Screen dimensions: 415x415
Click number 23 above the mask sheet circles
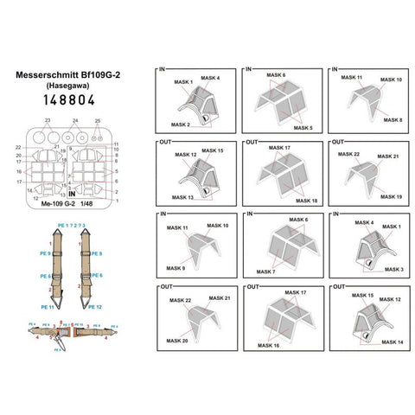[48, 120]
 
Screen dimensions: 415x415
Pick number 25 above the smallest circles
[97, 120]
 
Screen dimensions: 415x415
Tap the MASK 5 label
[303, 127]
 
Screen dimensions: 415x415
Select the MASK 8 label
[393, 119]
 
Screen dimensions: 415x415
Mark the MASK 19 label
[393, 196]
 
